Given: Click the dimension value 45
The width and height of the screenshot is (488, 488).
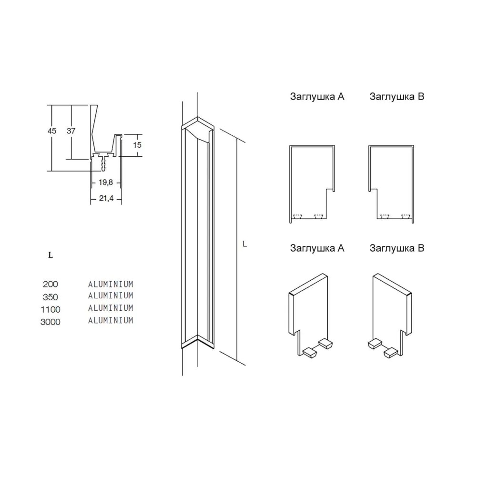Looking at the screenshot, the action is [x=51, y=131].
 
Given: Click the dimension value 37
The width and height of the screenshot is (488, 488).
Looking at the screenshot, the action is [x=71, y=131].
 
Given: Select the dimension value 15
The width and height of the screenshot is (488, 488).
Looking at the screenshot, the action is [x=137, y=145].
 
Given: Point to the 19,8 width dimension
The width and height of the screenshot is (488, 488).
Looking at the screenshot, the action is [x=105, y=183].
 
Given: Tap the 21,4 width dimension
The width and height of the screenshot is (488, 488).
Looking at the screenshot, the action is [x=106, y=198].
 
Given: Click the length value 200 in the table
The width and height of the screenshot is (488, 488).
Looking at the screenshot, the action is [x=51, y=284].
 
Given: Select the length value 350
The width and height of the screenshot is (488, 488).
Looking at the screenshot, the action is [x=51, y=297].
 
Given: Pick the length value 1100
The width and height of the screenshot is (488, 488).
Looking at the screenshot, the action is [x=51, y=309].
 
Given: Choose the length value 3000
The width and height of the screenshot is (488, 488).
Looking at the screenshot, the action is [x=51, y=322].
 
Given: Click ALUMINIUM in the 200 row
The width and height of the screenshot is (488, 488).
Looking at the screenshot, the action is [x=111, y=284].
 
